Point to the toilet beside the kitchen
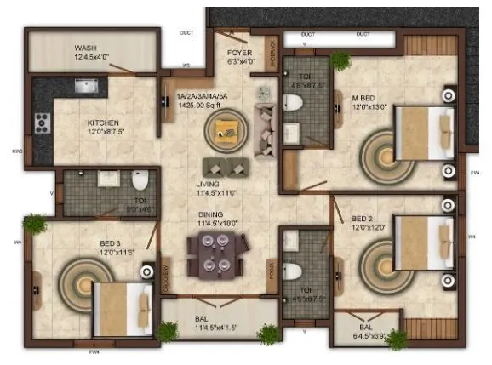[140, 179]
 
